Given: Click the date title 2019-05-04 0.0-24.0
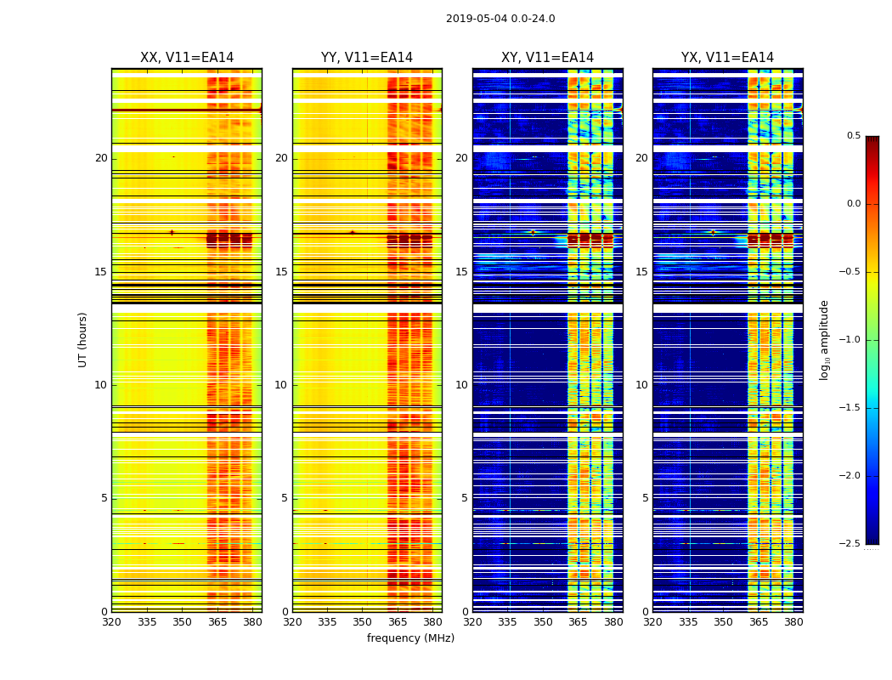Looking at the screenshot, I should click(x=500, y=19).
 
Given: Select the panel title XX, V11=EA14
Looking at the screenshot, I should click(x=187, y=58).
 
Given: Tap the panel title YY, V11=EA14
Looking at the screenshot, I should click(x=367, y=58).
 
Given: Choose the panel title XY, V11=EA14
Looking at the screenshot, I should click(x=547, y=58).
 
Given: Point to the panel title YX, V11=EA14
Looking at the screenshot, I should click(x=727, y=58).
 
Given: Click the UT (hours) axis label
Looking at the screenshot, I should click(x=82, y=339).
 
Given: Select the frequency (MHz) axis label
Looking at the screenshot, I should click(x=410, y=638).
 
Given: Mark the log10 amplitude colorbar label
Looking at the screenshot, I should click(x=824, y=339).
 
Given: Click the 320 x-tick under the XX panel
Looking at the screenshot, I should click(x=111, y=621).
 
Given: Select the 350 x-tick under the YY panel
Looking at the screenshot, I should click(x=363, y=621).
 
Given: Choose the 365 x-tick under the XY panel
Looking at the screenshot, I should click(x=578, y=621).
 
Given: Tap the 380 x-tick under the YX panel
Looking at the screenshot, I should click(x=793, y=621).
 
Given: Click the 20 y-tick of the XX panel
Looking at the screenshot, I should click(x=101, y=158).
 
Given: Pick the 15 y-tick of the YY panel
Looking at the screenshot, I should click(x=281, y=272).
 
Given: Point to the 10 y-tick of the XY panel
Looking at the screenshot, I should click(x=461, y=385).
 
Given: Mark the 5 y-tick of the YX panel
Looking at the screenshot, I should click(x=645, y=498).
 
